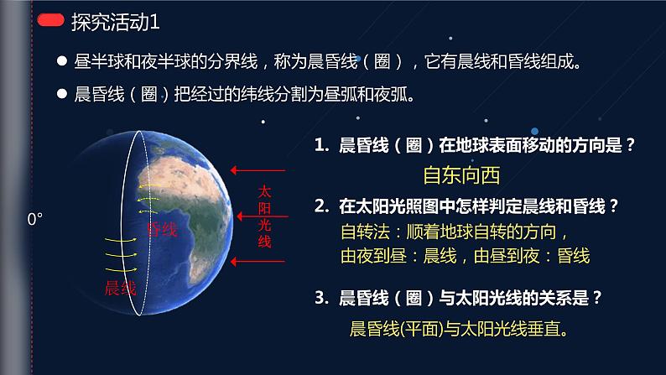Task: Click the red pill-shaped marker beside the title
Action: (x=50, y=20)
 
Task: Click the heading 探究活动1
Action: (x=116, y=22)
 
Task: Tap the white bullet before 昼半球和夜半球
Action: (x=62, y=61)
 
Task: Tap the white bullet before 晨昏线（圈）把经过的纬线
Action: (x=62, y=93)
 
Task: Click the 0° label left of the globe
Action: (x=35, y=219)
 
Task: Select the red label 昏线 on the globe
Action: (x=162, y=229)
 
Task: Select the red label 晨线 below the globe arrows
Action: (x=120, y=288)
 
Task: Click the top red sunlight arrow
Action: (x=258, y=170)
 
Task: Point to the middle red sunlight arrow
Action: (x=263, y=216)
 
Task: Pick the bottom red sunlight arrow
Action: (x=258, y=262)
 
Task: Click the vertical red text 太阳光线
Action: (x=264, y=216)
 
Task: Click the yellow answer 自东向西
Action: (x=461, y=175)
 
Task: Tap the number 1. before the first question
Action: (x=321, y=145)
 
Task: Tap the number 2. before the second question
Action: (x=322, y=206)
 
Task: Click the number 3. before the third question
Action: (x=322, y=298)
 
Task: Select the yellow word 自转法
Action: (x=365, y=232)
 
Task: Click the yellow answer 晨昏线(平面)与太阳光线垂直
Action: (x=459, y=329)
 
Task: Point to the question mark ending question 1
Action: (x=630, y=145)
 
